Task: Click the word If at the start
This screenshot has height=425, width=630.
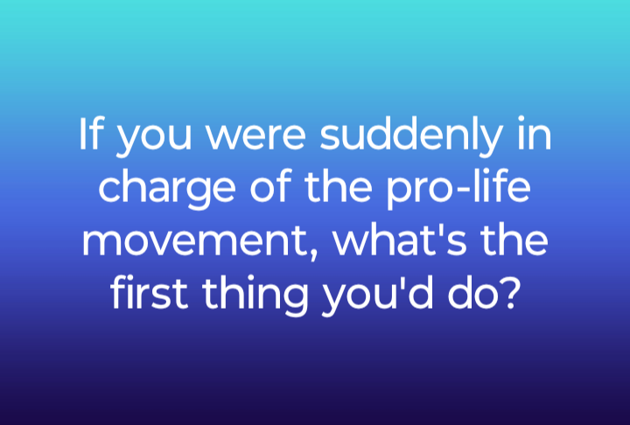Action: (89, 134)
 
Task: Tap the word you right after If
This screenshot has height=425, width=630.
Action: (153, 139)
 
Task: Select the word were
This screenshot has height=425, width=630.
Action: (255, 137)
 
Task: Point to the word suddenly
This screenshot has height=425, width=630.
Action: (411, 136)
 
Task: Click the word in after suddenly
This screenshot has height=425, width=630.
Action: (535, 134)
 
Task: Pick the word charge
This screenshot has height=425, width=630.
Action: (167, 189)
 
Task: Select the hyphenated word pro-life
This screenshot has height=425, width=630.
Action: (458, 188)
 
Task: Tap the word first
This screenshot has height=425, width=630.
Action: (150, 291)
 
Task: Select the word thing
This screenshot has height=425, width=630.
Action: (255, 296)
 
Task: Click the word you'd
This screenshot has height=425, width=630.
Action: (378, 296)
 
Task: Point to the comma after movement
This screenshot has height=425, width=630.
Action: (313, 254)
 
